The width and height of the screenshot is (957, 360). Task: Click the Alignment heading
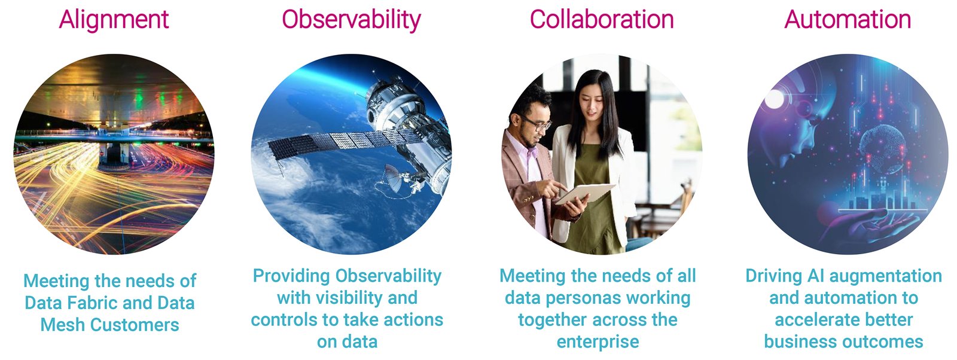click(x=114, y=20)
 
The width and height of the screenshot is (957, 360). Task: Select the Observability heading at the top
click(x=351, y=20)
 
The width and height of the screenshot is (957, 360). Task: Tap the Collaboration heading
click(x=602, y=20)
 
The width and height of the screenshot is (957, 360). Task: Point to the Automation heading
click(x=848, y=20)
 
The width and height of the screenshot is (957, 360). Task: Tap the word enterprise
click(x=598, y=342)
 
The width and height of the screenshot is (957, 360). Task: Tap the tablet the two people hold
click(x=585, y=193)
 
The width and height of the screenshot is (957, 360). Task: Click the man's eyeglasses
click(x=538, y=124)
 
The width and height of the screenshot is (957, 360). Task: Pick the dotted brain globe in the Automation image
click(x=883, y=148)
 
